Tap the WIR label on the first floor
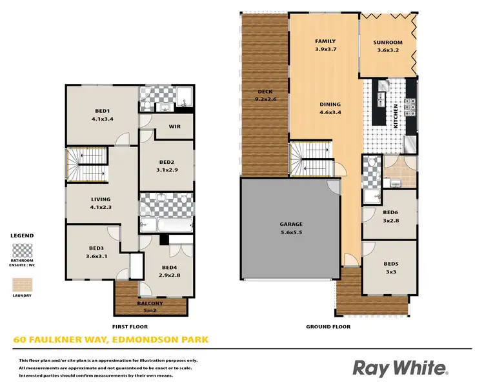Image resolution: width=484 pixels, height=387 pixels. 174,126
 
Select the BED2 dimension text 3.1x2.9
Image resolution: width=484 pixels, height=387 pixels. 167,170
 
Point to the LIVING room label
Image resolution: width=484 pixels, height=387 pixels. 101,199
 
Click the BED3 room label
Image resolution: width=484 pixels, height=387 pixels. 97,247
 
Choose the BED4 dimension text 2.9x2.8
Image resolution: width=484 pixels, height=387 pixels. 170,274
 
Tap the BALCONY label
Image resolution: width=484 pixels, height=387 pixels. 150,303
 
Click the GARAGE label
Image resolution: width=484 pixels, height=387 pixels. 291,224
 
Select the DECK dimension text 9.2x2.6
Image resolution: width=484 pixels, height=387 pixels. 265,99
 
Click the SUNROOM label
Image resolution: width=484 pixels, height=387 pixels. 387,43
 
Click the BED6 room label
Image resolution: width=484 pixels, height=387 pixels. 389,212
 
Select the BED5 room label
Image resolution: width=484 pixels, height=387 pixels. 389,263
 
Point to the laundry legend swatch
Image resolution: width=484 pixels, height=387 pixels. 22,284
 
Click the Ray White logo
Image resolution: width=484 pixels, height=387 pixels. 399,368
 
